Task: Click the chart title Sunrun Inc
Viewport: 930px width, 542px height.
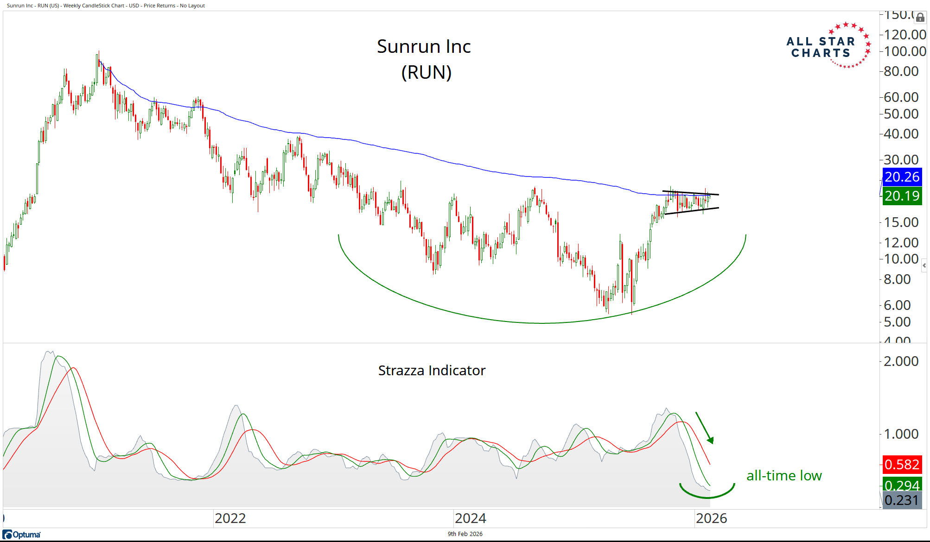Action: pos(424,46)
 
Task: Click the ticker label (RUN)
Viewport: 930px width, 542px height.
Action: pos(426,72)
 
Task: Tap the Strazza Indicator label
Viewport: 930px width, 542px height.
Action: pos(432,371)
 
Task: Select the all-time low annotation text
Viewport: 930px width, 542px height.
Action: pos(784,475)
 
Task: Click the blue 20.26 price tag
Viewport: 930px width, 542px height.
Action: pos(902,176)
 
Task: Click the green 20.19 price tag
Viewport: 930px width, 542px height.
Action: pos(902,196)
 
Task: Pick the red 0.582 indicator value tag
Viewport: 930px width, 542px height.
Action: pos(902,464)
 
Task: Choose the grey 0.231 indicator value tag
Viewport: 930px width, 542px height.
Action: pos(902,500)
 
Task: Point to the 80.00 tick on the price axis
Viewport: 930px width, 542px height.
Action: pos(901,71)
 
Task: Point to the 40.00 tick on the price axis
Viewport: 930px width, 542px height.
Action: pos(901,134)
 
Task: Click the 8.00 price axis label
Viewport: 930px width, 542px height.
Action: pos(897,279)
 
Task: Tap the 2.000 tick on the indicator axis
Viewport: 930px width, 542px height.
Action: pos(901,361)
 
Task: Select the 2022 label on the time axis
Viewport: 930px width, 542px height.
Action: pos(230,518)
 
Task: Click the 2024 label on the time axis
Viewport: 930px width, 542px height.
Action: pos(471,518)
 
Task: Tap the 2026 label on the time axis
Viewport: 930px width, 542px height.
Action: pos(711,518)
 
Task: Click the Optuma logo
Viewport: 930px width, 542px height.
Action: pos(22,535)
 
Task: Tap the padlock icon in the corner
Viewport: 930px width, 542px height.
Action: pos(920,18)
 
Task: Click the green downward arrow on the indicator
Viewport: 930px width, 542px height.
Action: pos(704,428)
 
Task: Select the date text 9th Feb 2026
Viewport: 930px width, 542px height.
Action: pos(465,534)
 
